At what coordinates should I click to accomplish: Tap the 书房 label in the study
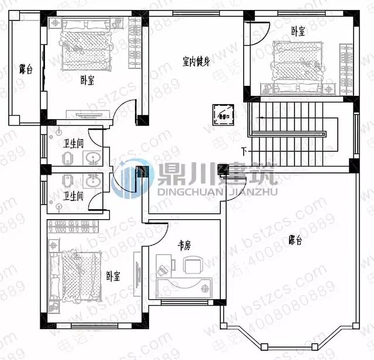click(184, 246)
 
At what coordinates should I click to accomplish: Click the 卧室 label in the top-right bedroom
click(298, 32)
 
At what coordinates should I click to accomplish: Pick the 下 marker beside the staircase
click(244, 153)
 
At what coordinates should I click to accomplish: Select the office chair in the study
click(192, 266)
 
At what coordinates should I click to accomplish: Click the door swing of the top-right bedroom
click(260, 29)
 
